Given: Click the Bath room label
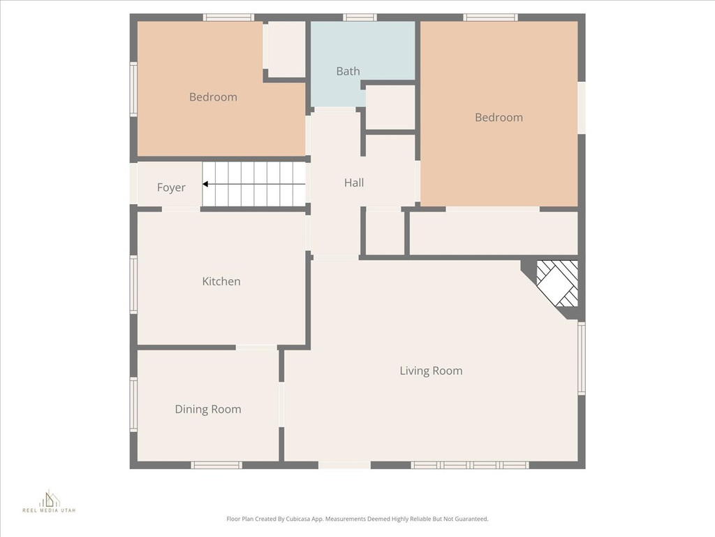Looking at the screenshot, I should tap(348, 71).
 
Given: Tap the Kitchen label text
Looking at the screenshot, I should tap(221, 281).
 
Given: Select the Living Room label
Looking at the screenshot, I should tap(431, 371).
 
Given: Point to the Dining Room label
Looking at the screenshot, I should tap(208, 409).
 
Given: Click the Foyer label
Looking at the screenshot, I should tap(171, 187).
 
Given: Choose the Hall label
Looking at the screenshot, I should tap(354, 182).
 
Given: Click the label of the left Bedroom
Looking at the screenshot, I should tap(213, 97).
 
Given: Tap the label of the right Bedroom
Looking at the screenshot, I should tap(499, 117).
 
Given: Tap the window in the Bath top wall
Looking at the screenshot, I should tap(360, 17).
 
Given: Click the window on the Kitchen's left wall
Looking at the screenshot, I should tap(133, 285).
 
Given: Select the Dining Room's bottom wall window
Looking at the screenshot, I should tap(216, 465).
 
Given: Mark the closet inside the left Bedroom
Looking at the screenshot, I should tap(287, 49).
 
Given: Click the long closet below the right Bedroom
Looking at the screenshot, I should tap(493, 234).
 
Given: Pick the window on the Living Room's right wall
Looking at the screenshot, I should tap(581, 358).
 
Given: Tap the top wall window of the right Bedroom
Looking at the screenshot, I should tap(490, 17).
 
